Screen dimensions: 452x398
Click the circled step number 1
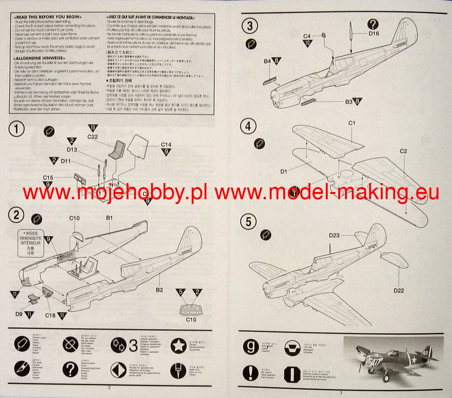tap(16, 129)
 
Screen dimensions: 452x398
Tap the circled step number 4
tap(248, 126)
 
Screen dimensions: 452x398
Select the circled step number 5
tap(248, 221)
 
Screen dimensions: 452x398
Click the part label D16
tap(374, 34)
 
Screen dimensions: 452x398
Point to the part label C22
tap(92, 137)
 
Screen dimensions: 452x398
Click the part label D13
tap(72, 150)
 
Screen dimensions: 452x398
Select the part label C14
tap(166, 145)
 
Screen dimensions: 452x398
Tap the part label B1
tap(109, 218)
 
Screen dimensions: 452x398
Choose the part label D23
tap(334, 236)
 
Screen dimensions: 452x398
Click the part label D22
tap(399, 290)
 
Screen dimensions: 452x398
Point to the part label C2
tap(403, 151)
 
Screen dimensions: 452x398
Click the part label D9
tap(19, 314)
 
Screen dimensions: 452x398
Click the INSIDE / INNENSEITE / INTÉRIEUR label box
tap(31, 244)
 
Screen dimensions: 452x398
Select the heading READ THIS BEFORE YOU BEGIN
tap(47, 17)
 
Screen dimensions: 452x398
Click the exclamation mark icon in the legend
tap(250, 372)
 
